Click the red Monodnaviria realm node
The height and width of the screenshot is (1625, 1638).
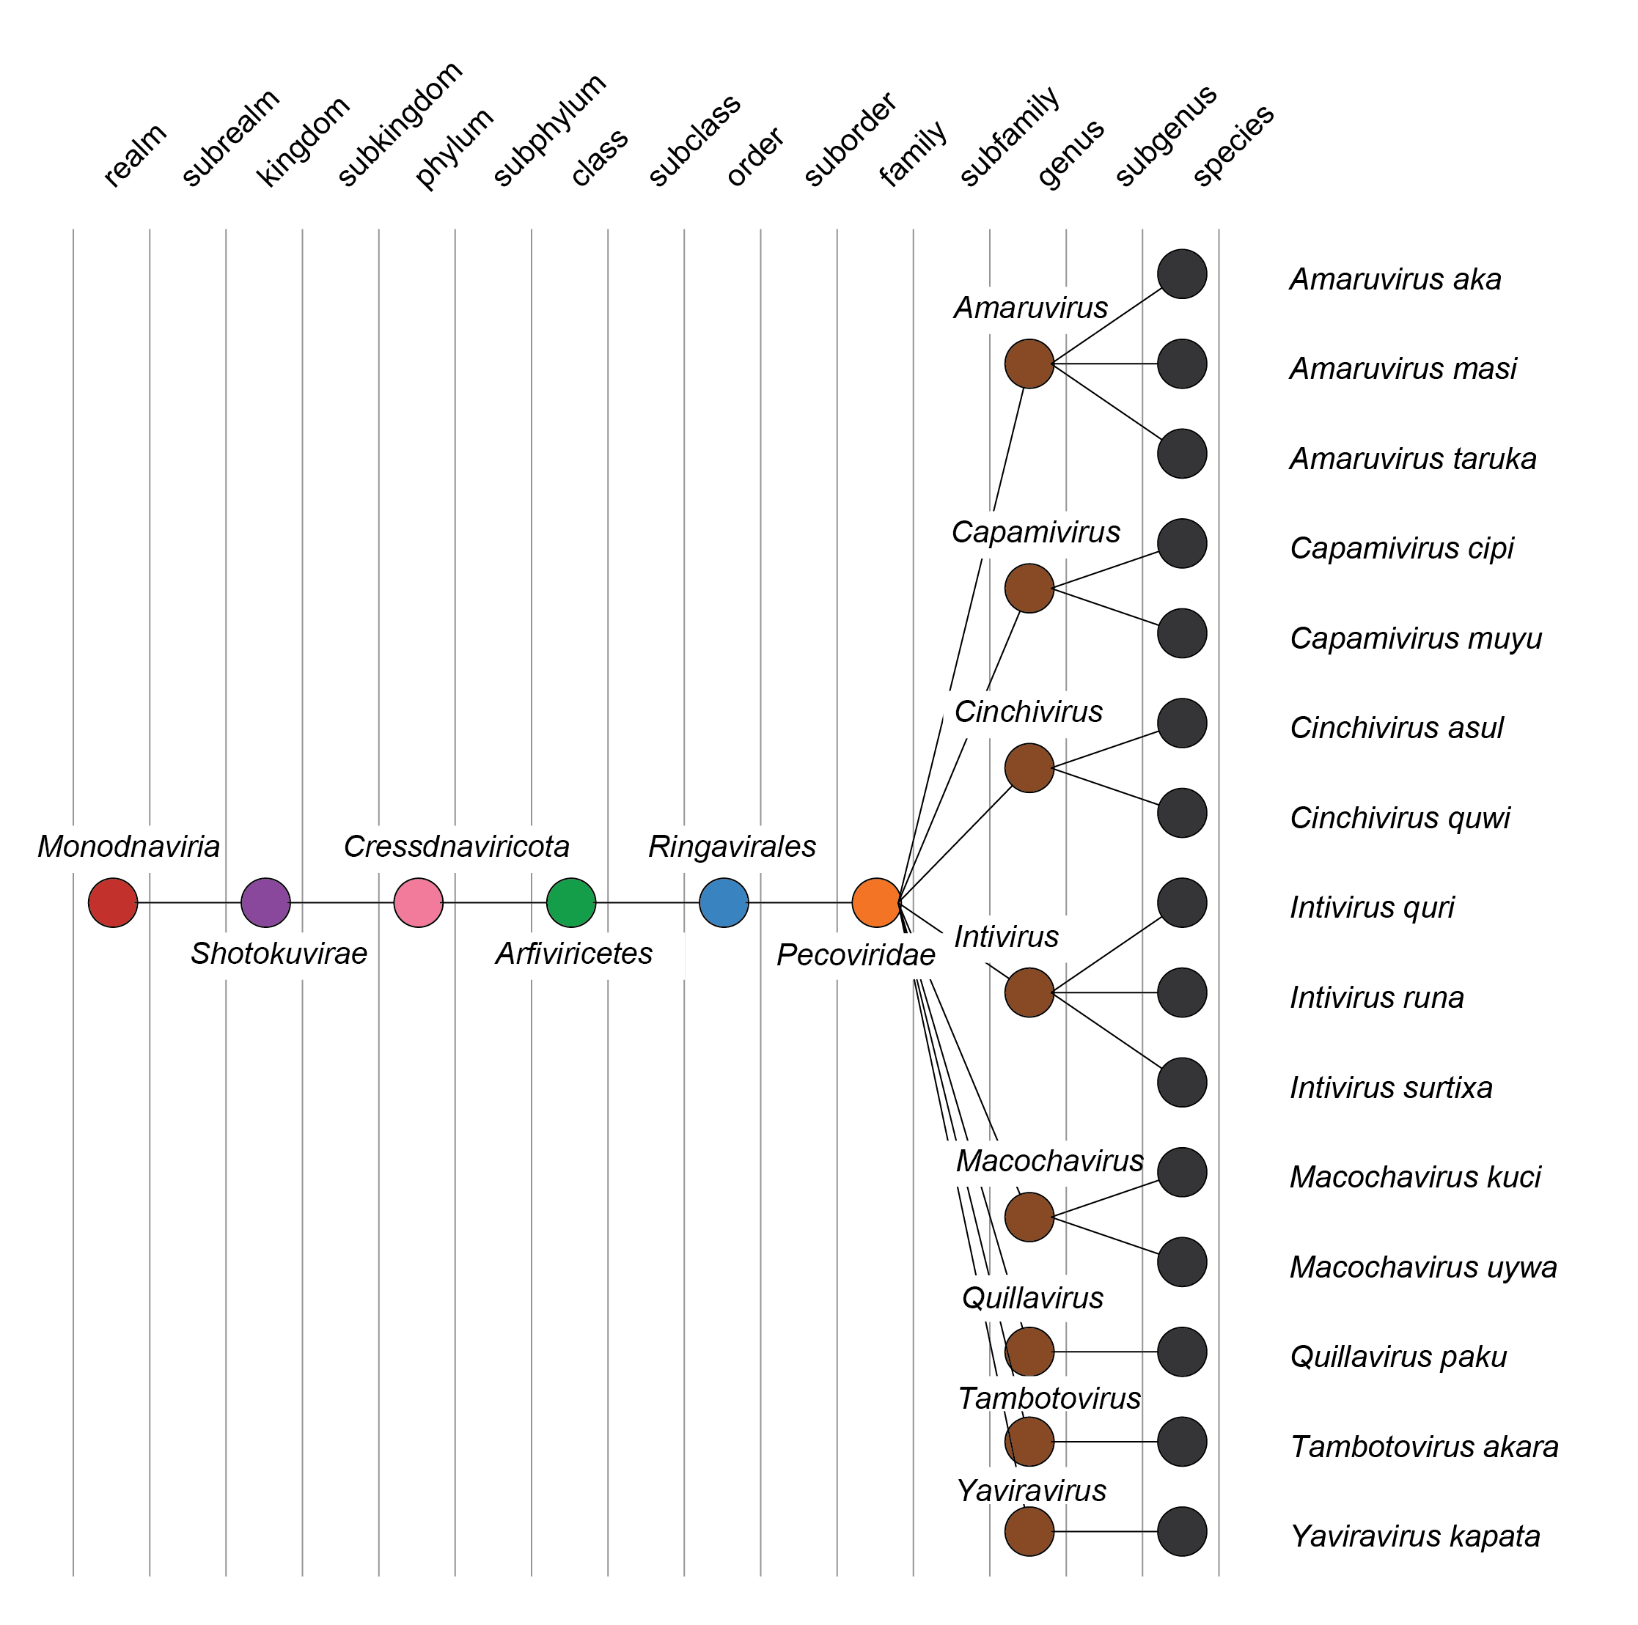coord(113,902)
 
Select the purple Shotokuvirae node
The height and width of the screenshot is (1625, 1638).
coord(265,902)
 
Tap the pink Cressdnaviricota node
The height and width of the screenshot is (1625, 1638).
coord(418,902)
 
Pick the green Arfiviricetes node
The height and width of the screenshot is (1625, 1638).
coord(570,902)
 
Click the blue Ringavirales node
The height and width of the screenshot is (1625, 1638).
coord(723,902)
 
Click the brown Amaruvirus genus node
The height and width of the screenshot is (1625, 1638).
coord(1029,364)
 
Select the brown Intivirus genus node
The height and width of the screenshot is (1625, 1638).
coord(1029,992)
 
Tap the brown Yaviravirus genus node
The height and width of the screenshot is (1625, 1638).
coord(1029,1531)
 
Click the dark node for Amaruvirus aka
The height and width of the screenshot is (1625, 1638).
coord(1181,274)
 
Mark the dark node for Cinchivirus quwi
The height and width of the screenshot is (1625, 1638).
coord(1181,813)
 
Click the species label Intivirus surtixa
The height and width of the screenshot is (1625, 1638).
coord(1390,1088)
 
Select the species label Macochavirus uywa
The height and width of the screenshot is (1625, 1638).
coord(1422,1267)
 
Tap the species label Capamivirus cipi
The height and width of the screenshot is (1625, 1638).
coord(1400,548)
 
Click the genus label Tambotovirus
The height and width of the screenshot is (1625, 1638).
coord(1048,1399)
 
